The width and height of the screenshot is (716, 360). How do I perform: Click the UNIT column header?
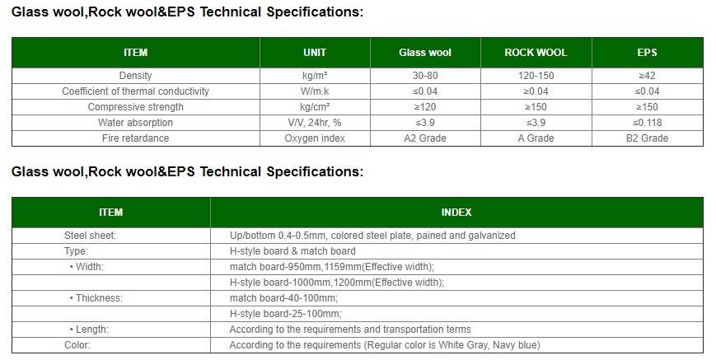point(315,53)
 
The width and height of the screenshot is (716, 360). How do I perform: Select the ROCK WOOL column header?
point(536,53)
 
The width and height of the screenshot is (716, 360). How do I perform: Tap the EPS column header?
point(647,53)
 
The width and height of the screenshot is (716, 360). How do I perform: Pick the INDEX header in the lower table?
point(456,213)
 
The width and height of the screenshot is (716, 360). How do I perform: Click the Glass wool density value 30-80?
point(424,76)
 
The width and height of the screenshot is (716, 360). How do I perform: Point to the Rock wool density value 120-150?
point(536,76)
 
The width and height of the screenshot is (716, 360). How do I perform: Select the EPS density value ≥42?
point(647,76)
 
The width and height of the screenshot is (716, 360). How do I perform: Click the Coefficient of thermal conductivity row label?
point(136,91)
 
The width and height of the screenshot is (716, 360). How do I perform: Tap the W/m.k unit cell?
point(315,91)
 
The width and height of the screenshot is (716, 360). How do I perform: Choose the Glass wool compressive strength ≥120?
point(424,107)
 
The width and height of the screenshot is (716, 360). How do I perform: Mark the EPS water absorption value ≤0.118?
point(647,122)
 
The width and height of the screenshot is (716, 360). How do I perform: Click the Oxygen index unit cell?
point(315,138)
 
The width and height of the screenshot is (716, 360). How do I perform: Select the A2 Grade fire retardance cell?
point(424,138)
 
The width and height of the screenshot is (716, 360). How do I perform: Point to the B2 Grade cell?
point(647,138)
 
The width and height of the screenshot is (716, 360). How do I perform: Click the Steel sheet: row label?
point(90,236)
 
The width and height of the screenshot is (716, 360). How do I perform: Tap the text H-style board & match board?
point(292,251)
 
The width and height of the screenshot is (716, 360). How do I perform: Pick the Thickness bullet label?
point(96,298)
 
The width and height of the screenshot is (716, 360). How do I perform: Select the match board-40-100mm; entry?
point(283,298)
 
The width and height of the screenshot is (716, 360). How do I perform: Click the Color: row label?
point(77,345)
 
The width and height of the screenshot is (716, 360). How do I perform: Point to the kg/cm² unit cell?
point(315,107)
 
